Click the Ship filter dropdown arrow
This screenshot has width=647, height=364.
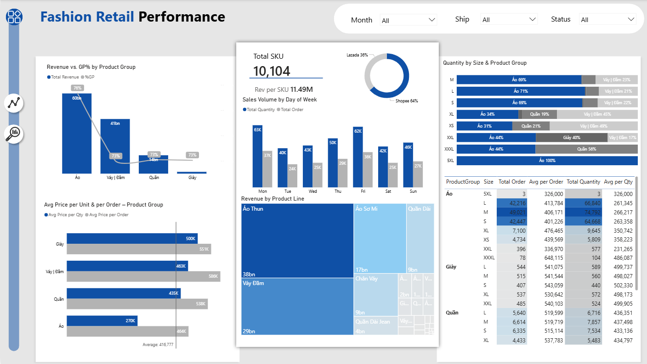pyautogui.click(x=533, y=19)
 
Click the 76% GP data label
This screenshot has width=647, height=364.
pyautogui.click(x=77, y=88)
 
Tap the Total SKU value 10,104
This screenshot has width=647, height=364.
pyautogui.click(x=272, y=71)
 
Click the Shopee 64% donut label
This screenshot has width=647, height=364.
pyautogui.click(x=406, y=101)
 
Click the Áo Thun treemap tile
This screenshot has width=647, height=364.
pyautogui.click(x=297, y=241)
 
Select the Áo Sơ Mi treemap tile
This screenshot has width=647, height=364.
pyautogui.click(x=380, y=239)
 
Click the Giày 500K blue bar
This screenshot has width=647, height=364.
pyautogui.click(x=132, y=239)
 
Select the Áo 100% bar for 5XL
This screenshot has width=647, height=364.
pyautogui.click(x=547, y=161)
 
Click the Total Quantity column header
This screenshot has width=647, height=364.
pyautogui.click(x=583, y=182)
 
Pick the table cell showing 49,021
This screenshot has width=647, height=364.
pyautogui.click(x=512, y=213)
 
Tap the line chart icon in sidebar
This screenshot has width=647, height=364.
pyautogui.click(x=14, y=103)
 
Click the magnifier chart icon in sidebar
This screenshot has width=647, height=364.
pyautogui.click(x=14, y=134)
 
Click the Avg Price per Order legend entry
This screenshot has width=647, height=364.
pyautogui.click(x=108, y=215)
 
